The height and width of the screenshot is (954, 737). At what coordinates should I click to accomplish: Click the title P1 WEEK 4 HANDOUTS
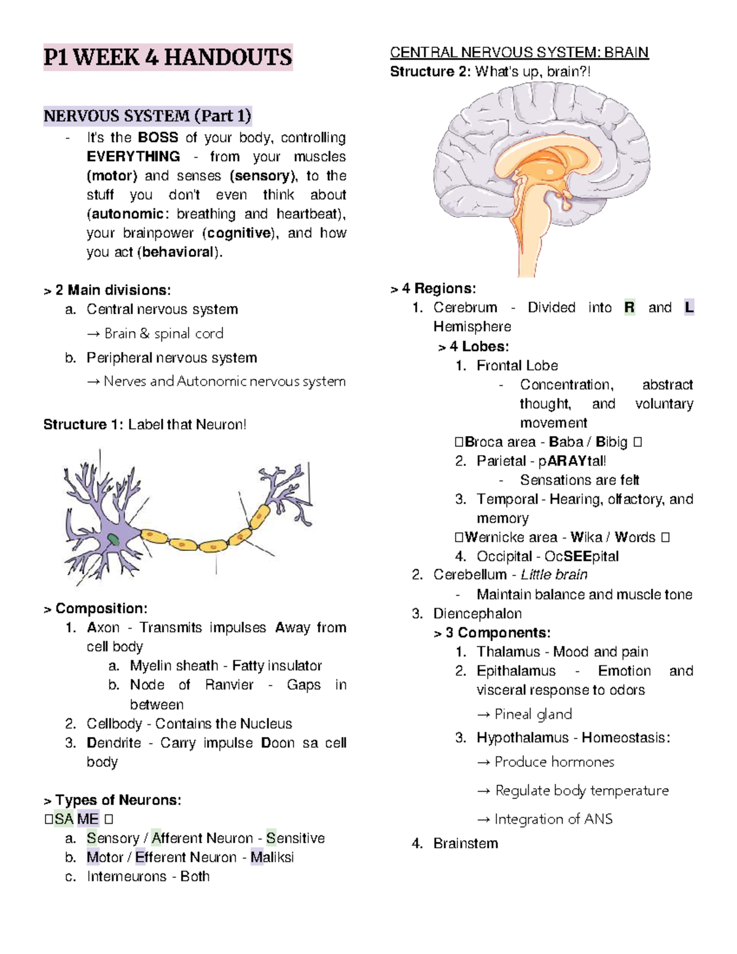[x=168, y=57]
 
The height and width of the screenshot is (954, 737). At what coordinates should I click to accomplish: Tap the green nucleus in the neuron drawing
[x=114, y=540]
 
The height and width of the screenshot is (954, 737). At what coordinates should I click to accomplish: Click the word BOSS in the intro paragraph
[x=158, y=138]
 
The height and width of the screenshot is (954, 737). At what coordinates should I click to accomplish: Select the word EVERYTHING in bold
[x=133, y=157]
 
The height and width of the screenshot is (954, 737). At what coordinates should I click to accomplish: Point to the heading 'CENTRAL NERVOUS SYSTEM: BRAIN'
[x=519, y=52]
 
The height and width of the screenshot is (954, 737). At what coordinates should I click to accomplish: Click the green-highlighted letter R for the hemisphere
[x=630, y=307]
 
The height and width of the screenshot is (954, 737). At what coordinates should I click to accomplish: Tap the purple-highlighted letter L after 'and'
[x=689, y=307]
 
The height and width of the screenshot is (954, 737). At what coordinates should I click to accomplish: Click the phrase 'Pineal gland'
[x=533, y=714]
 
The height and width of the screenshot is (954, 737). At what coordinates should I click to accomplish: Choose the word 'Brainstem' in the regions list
[x=466, y=843]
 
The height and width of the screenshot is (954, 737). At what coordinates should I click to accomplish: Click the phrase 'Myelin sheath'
[x=174, y=666]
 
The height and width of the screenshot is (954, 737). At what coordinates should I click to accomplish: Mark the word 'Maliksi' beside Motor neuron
[x=272, y=858]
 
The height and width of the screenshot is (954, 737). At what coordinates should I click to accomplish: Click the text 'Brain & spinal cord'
[x=163, y=334]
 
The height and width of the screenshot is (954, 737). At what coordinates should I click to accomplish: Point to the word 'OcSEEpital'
[x=582, y=557]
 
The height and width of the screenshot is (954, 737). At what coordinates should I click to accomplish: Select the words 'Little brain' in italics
[x=554, y=575]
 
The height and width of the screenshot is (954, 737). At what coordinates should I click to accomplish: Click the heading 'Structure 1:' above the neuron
[x=83, y=424]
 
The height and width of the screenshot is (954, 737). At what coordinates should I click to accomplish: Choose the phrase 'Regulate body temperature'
[x=582, y=791]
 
